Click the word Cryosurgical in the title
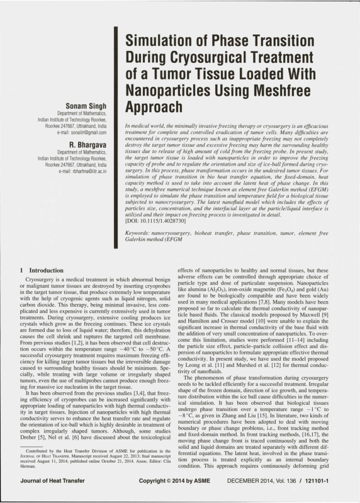pyautogui.click(x=195, y=59)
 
